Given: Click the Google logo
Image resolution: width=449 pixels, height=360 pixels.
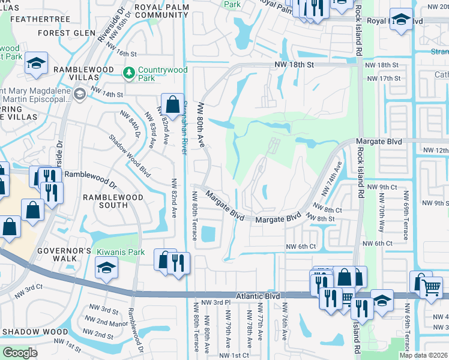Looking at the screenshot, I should pyautogui.click(x=19, y=353).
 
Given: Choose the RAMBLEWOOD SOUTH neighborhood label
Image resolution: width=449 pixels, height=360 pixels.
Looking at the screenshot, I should pyautogui.click(x=113, y=201).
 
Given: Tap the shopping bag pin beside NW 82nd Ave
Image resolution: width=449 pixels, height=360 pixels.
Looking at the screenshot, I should pyautogui.click(x=172, y=105).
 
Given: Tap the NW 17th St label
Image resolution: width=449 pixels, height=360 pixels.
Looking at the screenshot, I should pyautogui.click(x=382, y=78).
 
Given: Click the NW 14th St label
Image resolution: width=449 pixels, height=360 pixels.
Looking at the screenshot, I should pyautogui.click(x=107, y=94).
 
